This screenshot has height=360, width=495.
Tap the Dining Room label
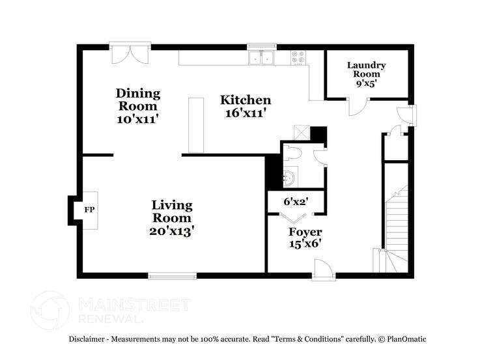tap(137, 99)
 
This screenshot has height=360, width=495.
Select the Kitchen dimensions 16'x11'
tap(246, 113)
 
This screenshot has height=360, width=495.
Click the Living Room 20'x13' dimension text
tap(172, 230)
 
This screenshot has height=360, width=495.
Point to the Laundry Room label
tap(366, 69)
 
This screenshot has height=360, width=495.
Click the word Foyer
tap(305, 232)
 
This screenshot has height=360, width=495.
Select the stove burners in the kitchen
tap(299, 57)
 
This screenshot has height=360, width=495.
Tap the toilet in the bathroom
tap(292, 154)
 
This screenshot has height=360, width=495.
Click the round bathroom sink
tap(291, 176)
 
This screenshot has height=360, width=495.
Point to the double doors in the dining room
tap(130, 54)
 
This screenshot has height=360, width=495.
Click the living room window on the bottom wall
tap(173, 275)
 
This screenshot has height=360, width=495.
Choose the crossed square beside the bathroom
tap(301, 131)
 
